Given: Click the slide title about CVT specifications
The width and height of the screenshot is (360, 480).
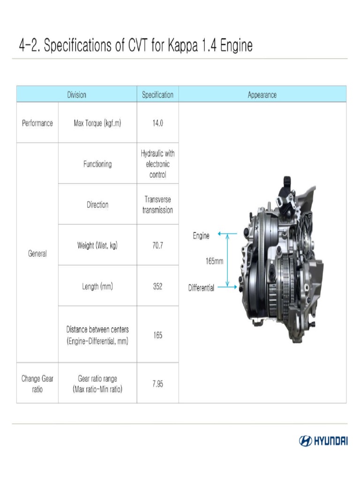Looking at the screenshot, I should (x=135, y=46).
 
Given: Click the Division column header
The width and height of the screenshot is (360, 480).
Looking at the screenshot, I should (x=76, y=95).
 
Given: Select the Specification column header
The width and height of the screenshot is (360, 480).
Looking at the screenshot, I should (x=157, y=95).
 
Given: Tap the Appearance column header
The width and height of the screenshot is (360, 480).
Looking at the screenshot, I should (x=262, y=95).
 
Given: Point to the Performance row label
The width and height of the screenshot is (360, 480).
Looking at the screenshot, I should (x=37, y=123).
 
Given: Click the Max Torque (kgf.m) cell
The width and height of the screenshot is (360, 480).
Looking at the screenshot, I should (x=97, y=123).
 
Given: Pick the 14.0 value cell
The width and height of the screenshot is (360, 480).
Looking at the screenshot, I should (x=157, y=123).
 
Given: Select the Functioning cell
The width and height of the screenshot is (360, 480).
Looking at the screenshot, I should (x=97, y=164).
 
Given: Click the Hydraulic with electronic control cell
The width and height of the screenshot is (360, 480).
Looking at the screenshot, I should (x=157, y=164).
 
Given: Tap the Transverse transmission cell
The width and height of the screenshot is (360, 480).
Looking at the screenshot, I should (x=157, y=205).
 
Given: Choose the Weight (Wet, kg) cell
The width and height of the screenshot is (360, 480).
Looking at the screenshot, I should (x=97, y=245).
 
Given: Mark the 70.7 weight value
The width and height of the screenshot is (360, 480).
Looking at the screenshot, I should (x=157, y=245).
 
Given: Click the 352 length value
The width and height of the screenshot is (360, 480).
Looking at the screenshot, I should (x=157, y=286).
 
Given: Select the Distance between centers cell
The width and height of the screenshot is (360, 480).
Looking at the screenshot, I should (x=97, y=335).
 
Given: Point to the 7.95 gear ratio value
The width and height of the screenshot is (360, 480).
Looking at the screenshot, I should (x=157, y=384).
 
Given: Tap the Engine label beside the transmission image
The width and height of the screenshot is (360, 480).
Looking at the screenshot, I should (x=201, y=236).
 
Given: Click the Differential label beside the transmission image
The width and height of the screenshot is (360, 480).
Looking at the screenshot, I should (x=201, y=288).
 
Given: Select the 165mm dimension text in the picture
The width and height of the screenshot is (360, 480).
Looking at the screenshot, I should (x=215, y=261).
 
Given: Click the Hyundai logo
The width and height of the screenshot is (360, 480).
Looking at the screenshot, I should (x=323, y=441).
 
